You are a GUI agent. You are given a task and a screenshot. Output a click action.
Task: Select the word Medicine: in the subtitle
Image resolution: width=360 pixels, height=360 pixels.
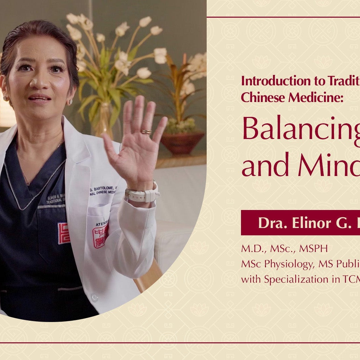click(299, 97)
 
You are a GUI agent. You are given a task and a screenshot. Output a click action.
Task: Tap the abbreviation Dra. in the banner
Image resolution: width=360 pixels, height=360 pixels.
click(271, 223)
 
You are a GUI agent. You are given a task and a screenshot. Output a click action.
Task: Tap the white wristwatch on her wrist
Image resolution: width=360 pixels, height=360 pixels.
click(142, 195)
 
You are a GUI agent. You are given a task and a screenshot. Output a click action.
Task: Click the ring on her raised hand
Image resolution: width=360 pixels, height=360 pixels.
click(146, 132)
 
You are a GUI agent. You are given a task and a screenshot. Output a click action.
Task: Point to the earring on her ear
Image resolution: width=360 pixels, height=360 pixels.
click(70, 102)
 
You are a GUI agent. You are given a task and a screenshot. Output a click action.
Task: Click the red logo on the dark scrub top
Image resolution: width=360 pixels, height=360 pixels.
click(64, 233)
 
